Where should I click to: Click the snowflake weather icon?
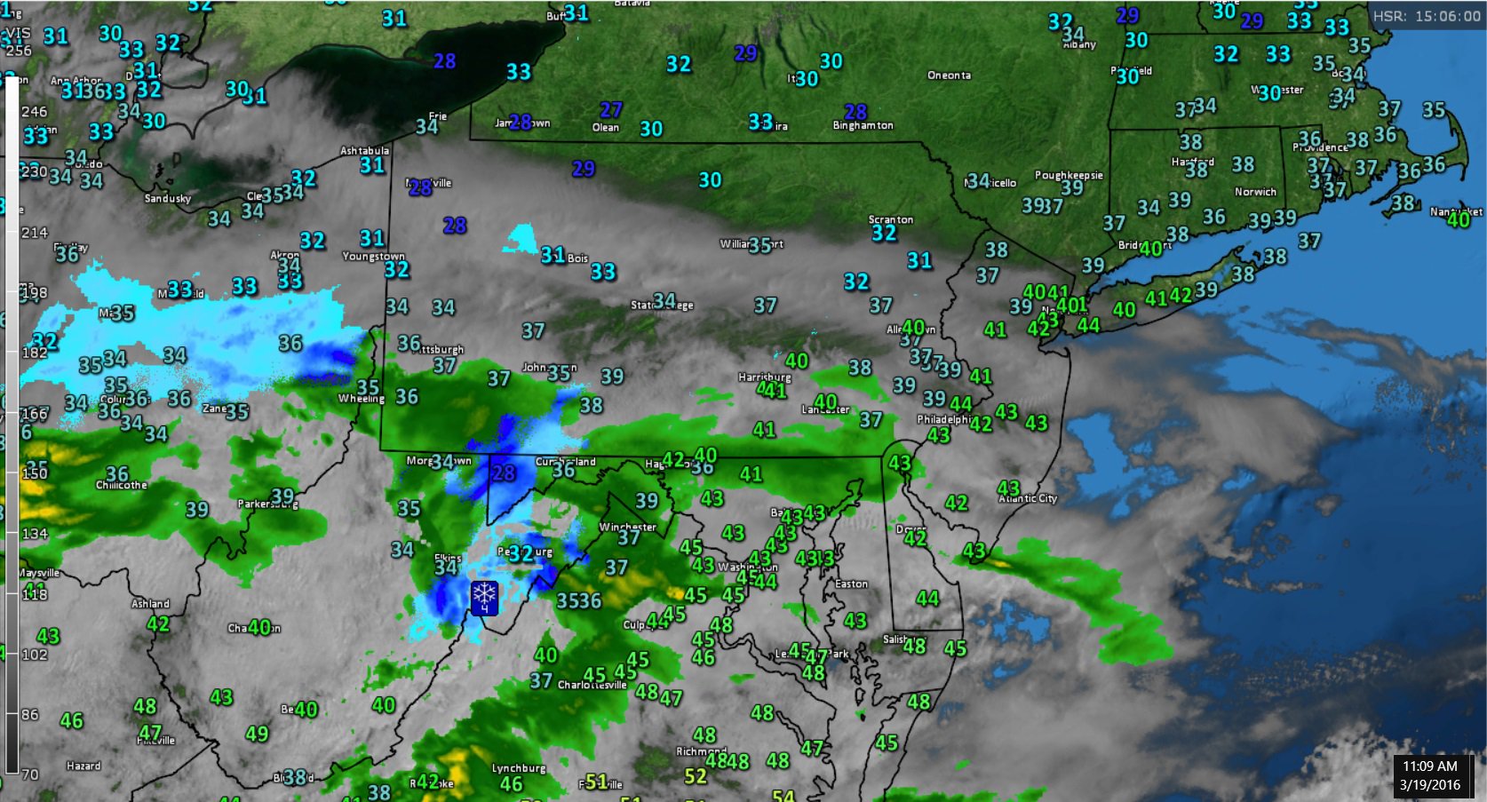click(484, 596)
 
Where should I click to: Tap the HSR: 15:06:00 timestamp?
click(1427, 17)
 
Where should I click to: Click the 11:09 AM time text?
click(1429, 766)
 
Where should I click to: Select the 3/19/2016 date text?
click(1429, 784)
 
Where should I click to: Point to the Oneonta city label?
click(949, 75)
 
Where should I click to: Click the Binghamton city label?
click(863, 126)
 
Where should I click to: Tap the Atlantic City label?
click(1028, 498)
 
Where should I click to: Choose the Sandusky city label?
click(168, 198)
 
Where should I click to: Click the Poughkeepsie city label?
click(1069, 175)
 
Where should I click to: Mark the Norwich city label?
click(1255, 192)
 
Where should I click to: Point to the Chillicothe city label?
click(122, 485)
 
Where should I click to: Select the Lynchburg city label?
click(519, 768)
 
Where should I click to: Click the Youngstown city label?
click(374, 257)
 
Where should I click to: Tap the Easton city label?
click(851, 584)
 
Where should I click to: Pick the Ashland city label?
click(150, 604)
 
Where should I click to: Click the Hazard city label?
click(83, 766)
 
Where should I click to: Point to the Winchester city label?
click(627, 527)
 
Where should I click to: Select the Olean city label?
click(606, 128)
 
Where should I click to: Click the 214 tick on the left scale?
click(34, 233)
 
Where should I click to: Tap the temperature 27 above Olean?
click(610, 110)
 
